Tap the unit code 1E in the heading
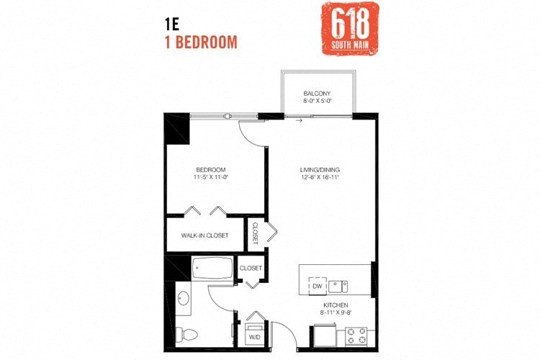[172, 23]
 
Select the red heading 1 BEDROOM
[201, 42]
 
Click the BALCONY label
[317, 94]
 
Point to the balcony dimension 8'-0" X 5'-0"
[317, 102]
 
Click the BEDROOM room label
[211, 169]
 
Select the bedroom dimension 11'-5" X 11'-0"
[211, 177]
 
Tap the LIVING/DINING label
[320, 169]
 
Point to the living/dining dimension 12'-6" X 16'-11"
[320, 177]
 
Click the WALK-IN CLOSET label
[204, 235]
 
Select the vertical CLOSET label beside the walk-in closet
[255, 233]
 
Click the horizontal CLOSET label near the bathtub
[251, 268]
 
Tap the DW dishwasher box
[317, 286]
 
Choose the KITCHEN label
[334, 305]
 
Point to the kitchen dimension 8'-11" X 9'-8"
[334, 312]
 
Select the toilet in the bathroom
[188, 333]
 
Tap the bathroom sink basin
[183, 297]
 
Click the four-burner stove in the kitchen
[356, 336]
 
